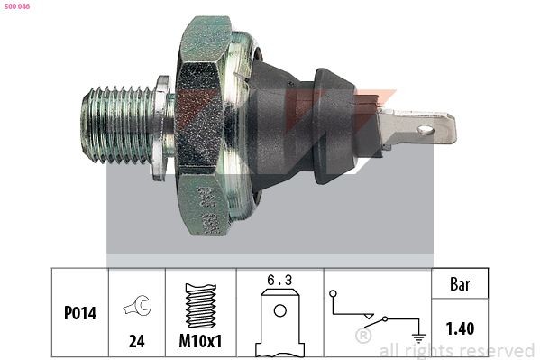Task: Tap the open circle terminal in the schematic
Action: (x=334, y=295)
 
